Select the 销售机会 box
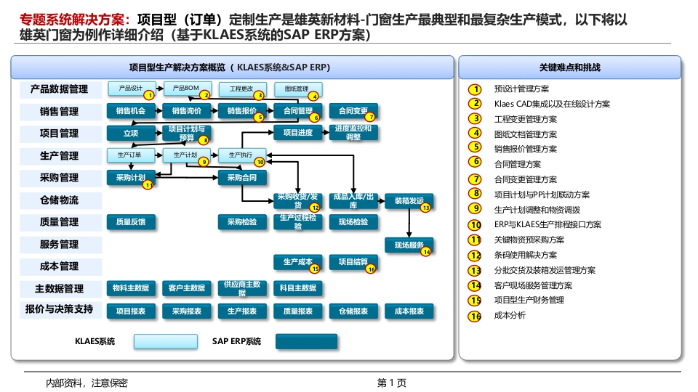[x=131, y=111]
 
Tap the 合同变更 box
[x=353, y=111]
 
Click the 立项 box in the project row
[x=131, y=133]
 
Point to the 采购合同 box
[x=243, y=177]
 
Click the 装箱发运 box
[x=409, y=200]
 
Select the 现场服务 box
[x=409, y=245]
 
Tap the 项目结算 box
[x=353, y=261]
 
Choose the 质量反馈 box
[x=131, y=222]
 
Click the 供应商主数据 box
[x=243, y=288]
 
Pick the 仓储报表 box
[x=353, y=311]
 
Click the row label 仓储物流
[x=60, y=200]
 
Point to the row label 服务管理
[x=60, y=244]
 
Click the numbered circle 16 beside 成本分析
[x=476, y=316]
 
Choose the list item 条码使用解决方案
[x=525, y=255]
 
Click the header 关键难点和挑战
[x=569, y=68]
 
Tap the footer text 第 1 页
[x=391, y=383]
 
